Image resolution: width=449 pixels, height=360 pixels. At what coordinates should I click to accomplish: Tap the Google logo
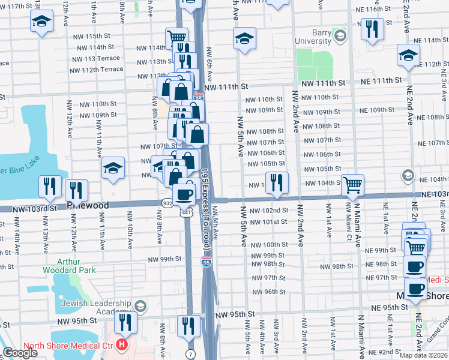(x=20, y=353)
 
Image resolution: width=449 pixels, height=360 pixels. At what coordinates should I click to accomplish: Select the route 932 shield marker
(x=167, y=203)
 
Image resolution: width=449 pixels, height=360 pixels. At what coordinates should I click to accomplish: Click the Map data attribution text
(x=423, y=355)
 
